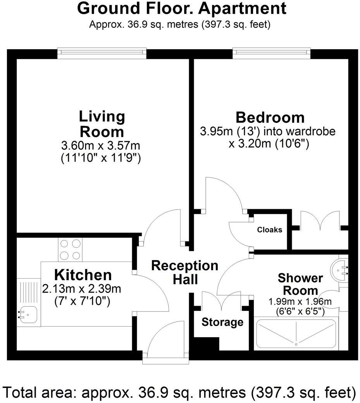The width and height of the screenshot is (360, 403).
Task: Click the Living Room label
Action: [x=102, y=124]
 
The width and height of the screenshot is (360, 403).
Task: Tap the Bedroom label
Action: [x=270, y=117]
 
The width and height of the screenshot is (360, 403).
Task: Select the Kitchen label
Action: [x=83, y=275]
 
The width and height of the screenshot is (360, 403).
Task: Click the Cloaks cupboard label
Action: [x=270, y=230]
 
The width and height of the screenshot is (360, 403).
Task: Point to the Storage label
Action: [x=222, y=322]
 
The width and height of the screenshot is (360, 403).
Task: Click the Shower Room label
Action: [x=300, y=284]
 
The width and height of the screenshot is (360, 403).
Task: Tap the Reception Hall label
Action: [x=184, y=272]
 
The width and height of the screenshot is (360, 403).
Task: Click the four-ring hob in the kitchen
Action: [x=70, y=249]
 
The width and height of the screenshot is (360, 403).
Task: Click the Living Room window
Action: [x=102, y=53]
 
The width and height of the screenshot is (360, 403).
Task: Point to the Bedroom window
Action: [x=271, y=53]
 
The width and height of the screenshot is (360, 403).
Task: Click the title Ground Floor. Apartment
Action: [x=181, y=9]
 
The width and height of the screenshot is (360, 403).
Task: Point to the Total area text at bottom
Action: [x=180, y=392]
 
